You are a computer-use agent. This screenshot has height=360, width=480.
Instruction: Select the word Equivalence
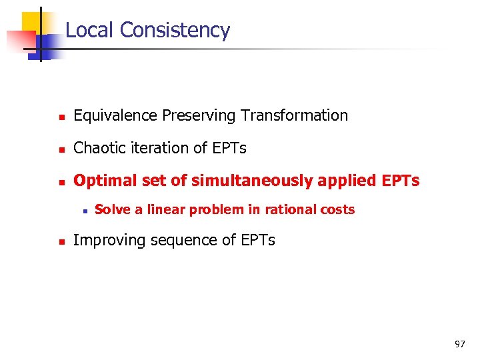(115, 116)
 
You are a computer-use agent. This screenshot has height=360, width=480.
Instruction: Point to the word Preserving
(199, 116)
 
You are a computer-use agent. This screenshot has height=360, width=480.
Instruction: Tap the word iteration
(154, 148)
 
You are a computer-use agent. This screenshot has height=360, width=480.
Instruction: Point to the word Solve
(112, 209)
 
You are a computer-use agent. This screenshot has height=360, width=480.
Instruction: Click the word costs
(337, 209)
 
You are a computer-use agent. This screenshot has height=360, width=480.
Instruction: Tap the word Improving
(105, 240)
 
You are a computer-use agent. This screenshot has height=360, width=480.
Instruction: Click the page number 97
(459, 344)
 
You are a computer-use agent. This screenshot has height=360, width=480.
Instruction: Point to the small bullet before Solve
(83, 211)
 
